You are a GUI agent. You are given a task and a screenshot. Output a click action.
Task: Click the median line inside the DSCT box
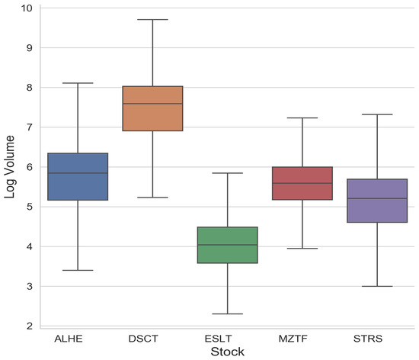tap(153, 103)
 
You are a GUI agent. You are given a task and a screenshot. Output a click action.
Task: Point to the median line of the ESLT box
tap(228, 245)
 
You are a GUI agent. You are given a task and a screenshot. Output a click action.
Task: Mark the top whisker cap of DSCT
tap(153, 19)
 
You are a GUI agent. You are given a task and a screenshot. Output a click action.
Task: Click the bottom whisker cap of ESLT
tap(228, 313)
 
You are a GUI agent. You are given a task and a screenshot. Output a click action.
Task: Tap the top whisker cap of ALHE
tap(78, 83)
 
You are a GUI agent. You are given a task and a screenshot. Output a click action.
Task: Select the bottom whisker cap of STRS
tap(377, 286)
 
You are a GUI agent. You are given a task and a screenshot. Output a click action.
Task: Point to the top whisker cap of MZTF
tap(302, 118)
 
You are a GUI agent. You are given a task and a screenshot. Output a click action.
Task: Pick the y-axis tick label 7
tap(29, 127)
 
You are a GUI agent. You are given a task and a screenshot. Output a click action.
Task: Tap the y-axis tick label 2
tap(29, 326)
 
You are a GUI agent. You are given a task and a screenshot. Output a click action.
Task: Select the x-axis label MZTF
tap(302, 337)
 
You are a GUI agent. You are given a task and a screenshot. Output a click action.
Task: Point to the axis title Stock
tap(226, 352)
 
